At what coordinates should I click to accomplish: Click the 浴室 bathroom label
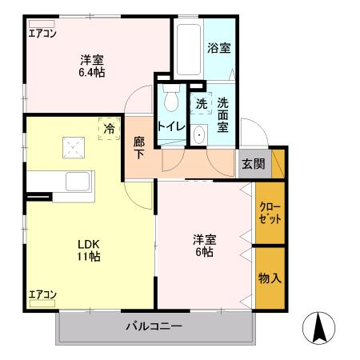[x=220, y=48]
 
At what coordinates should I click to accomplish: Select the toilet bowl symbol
[x=169, y=100]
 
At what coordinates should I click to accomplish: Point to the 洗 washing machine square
[x=201, y=102]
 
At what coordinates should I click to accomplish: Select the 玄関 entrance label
[x=254, y=164]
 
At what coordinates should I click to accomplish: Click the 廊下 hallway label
[x=139, y=147]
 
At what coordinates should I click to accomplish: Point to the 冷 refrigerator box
[x=107, y=128]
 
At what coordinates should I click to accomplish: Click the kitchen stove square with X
[x=74, y=146]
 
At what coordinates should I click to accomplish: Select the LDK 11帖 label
[x=88, y=250]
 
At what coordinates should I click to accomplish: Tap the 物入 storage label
[x=270, y=278]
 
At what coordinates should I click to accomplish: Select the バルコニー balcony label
[x=154, y=326]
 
